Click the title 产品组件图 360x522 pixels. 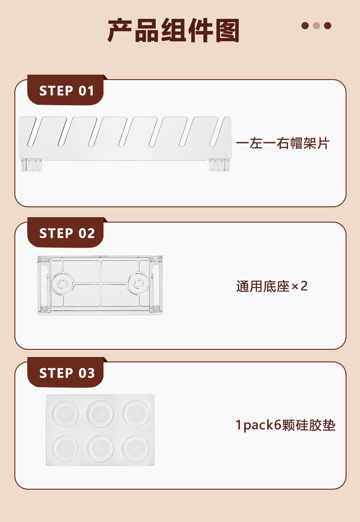click(173, 31)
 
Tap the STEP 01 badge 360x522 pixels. click(67, 91)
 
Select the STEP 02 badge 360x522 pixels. click(67, 233)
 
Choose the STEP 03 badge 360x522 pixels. click(67, 373)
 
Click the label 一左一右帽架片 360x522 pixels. click(283, 143)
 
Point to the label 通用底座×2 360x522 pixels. click(272, 286)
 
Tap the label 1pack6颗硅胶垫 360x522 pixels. click(285, 425)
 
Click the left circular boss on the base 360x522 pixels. click(62, 284)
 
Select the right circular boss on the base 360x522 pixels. click(138, 284)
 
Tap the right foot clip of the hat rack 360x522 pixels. click(219, 165)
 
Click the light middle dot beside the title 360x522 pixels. click(316, 26)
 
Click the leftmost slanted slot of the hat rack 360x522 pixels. click(34, 132)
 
